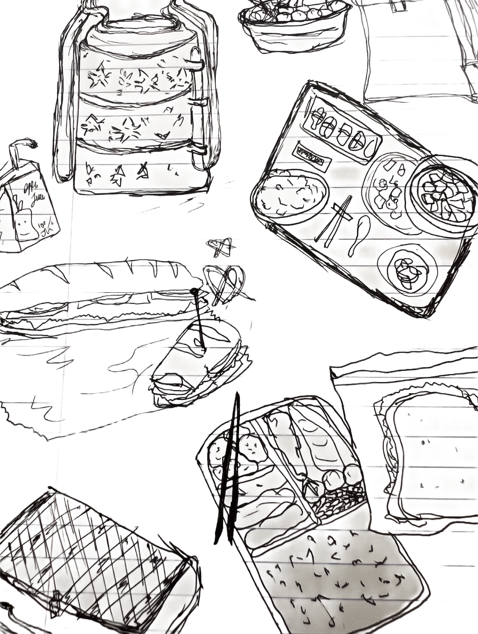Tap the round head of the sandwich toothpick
click(x=194, y=291)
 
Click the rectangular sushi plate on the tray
click(x=344, y=130)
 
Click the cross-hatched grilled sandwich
click(x=88, y=560)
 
